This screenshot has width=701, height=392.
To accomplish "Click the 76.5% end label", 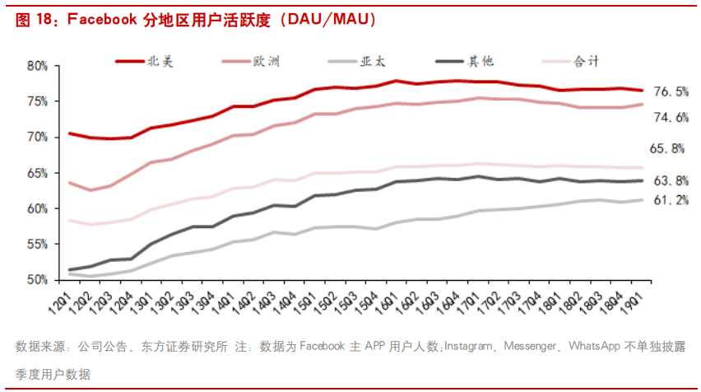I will pyautogui.click(x=671, y=91).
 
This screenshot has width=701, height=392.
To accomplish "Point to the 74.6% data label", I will pyautogui.click(x=671, y=118).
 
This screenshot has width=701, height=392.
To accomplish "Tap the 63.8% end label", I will pyautogui.click(x=671, y=180).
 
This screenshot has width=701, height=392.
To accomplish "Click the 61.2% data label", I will pyautogui.click(x=671, y=200).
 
